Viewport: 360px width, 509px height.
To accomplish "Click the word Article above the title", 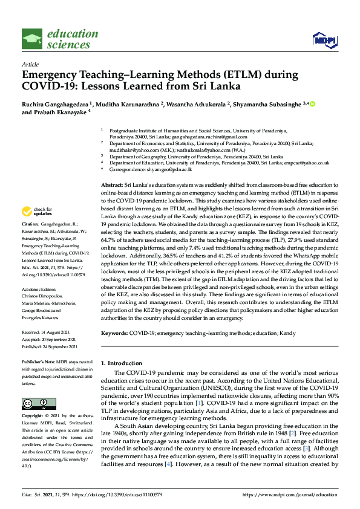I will tap(30, 64).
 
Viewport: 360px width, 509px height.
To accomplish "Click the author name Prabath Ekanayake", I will tap(61, 112).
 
